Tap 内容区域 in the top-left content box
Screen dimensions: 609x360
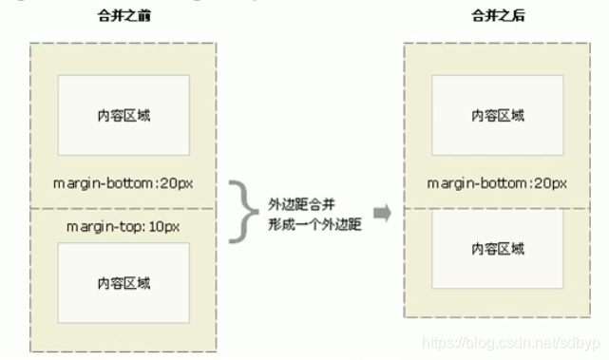pos(124,115)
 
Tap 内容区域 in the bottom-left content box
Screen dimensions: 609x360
pos(124,283)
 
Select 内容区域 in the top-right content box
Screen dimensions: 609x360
pos(498,115)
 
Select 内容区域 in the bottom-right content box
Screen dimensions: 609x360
pos(498,249)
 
